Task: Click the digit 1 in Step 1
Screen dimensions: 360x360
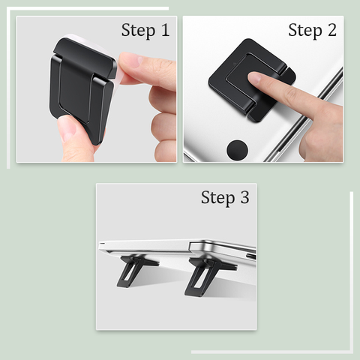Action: coord(165,30)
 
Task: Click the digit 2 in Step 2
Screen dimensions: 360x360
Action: coord(332,30)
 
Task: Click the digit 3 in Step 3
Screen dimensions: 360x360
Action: coord(244,197)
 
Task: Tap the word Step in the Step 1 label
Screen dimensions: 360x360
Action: coord(138,31)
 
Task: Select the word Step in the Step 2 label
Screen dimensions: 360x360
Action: coord(305,31)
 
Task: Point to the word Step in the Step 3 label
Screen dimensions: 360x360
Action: coord(217,199)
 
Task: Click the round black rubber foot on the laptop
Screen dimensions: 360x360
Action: coord(237,151)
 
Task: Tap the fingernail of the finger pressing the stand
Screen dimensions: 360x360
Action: coord(254,78)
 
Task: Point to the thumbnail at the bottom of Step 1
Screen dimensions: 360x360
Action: coord(66,130)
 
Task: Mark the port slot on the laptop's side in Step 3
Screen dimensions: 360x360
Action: coord(250,256)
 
